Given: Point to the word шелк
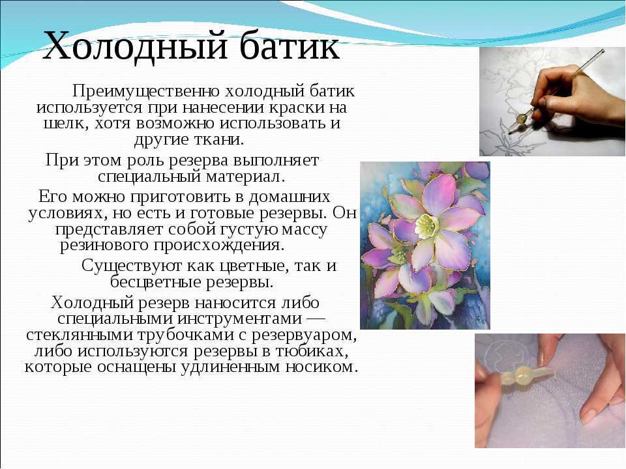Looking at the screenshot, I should point(61,124).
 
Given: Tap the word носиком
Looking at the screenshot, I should point(324,367).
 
